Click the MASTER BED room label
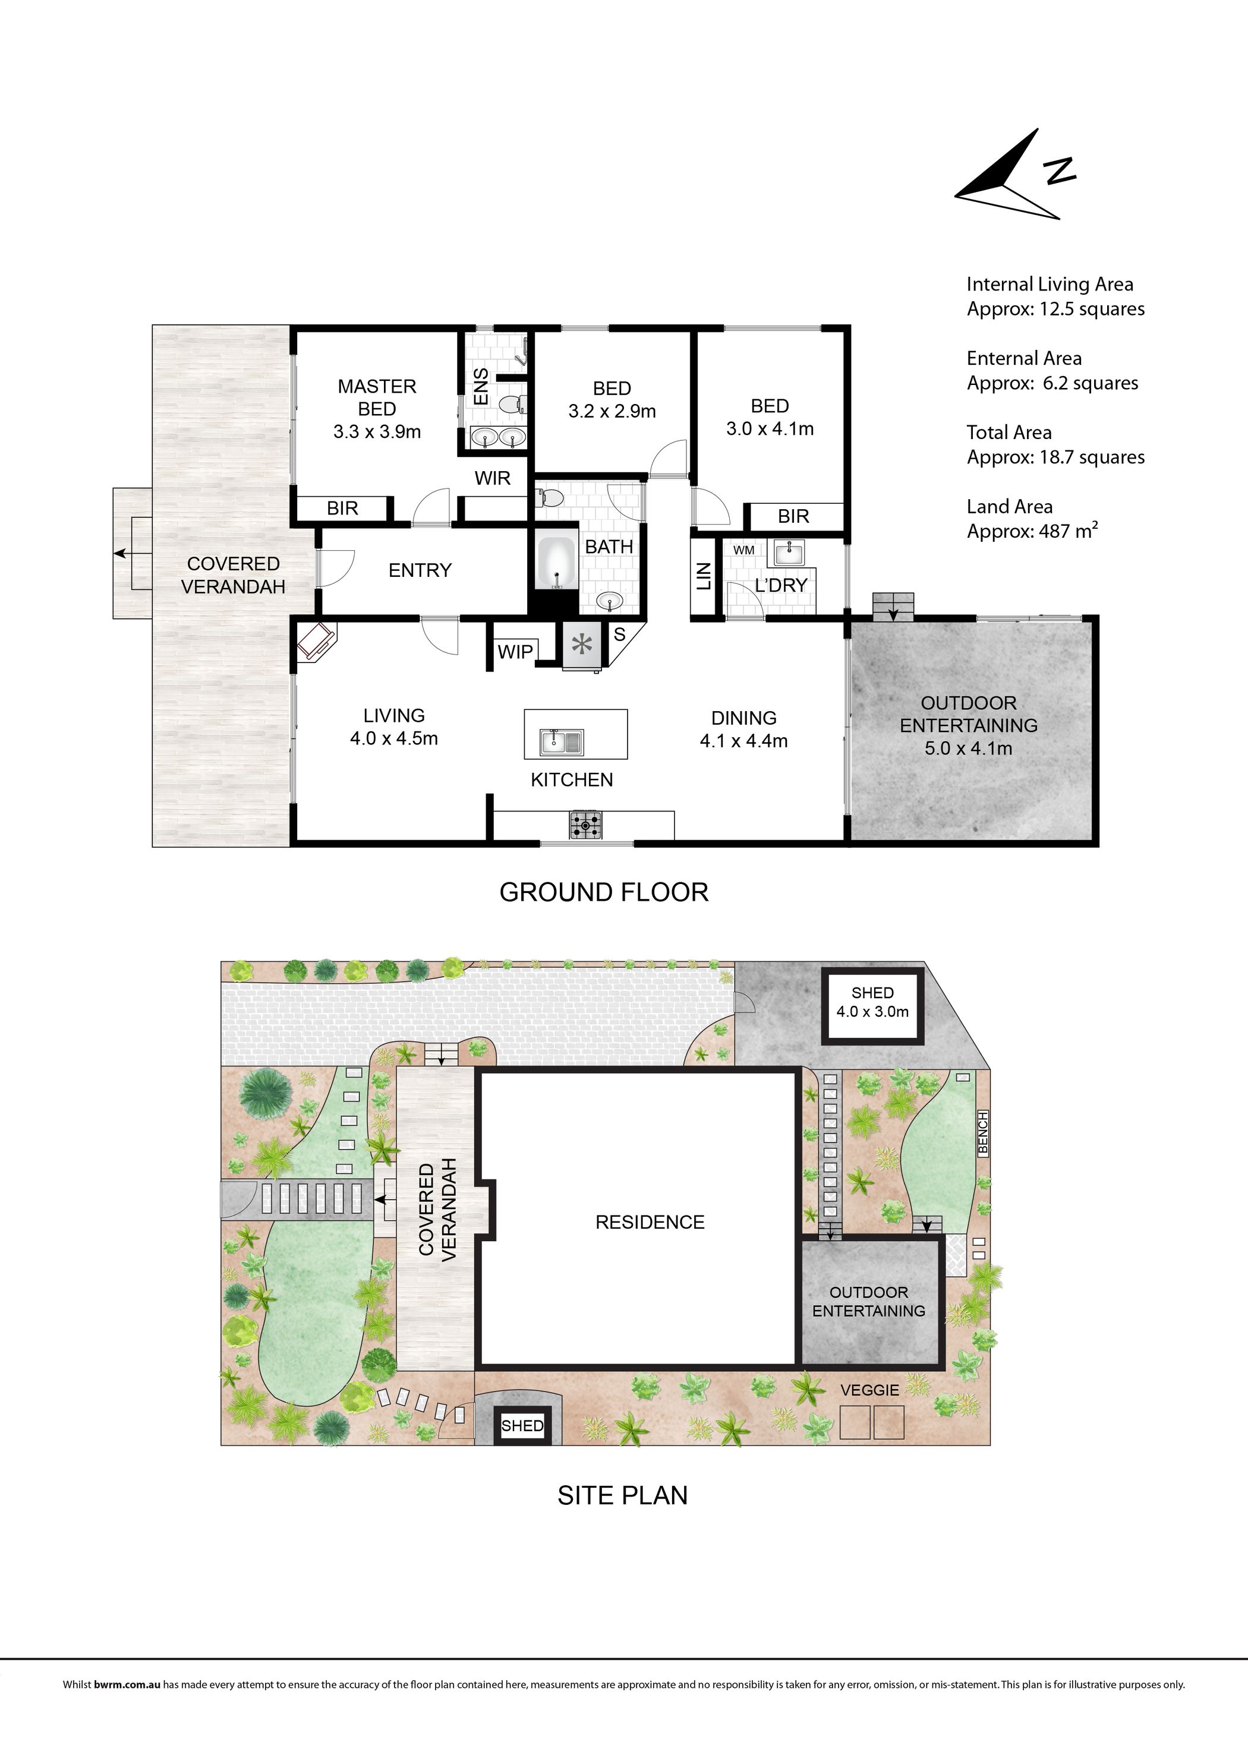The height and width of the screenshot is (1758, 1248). (377, 397)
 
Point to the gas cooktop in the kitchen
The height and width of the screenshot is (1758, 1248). (585, 826)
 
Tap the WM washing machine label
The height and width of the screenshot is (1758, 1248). (743, 550)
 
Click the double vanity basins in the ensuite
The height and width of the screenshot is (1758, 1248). (498, 437)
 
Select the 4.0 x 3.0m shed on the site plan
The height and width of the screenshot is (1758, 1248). (872, 1006)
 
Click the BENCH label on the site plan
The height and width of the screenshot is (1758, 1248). (982, 1134)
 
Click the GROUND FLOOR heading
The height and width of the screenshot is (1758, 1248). (604, 892)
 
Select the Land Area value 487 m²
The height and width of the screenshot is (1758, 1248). (1068, 531)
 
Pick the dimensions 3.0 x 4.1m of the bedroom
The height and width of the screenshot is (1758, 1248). (770, 429)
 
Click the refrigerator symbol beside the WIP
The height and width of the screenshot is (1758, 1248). (582, 644)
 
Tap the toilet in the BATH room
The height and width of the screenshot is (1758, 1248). (550, 497)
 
